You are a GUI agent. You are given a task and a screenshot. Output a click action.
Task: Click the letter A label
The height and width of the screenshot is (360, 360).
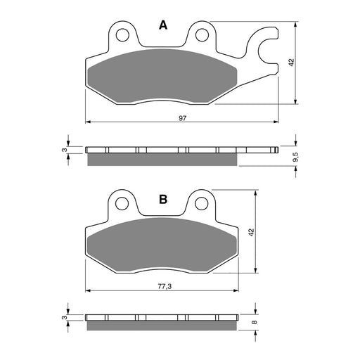[163, 26]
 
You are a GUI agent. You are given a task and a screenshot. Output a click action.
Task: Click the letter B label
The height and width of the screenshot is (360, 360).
[163, 200]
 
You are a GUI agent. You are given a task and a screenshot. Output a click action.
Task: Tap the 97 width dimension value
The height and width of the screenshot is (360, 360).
[182, 117]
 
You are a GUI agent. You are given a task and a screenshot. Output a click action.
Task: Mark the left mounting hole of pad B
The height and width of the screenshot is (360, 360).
[124, 205]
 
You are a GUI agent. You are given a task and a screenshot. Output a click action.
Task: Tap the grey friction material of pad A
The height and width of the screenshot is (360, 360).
[162, 77]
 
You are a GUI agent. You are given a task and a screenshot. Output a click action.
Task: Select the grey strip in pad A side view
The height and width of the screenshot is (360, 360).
[162, 160]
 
